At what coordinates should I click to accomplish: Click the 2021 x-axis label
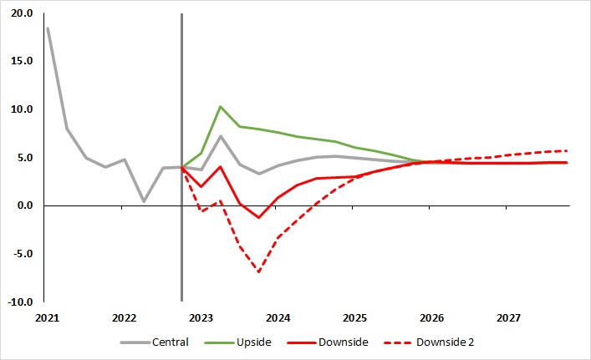pyautogui.click(x=47, y=318)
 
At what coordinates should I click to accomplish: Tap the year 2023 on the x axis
pyautogui.click(x=201, y=318)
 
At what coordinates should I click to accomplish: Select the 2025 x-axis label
pyautogui.click(x=354, y=318)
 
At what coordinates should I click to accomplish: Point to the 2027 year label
pyautogui.click(x=508, y=318)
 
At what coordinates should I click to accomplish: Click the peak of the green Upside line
pyautogui.click(x=220, y=107)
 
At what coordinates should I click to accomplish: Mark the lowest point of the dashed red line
pyautogui.click(x=259, y=272)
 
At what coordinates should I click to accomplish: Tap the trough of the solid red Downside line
pyautogui.click(x=259, y=217)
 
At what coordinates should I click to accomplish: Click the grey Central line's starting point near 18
pyautogui.click(x=48, y=28)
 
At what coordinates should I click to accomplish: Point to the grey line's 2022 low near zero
pyautogui.click(x=144, y=200)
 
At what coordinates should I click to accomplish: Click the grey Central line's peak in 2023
pyautogui.click(x=220, y=136)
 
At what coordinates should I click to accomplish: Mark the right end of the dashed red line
pyautogui.click(x=567, y=150)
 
